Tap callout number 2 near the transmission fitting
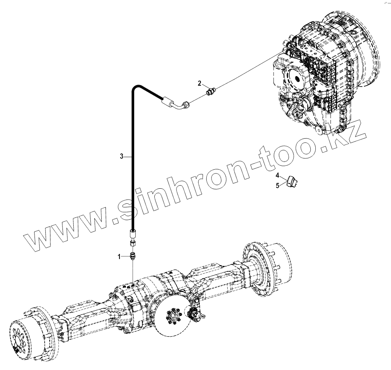pos(199,83)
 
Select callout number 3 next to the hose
pos(121,156)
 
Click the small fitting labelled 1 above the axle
pos(133,256)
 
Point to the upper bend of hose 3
pos(136,87)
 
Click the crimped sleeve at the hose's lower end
pos(133,234)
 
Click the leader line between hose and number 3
pos(128,156)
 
